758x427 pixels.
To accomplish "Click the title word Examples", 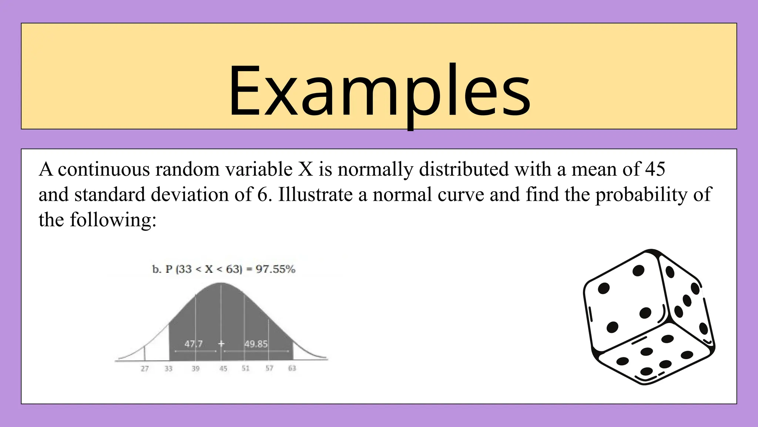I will (x=379, y=91).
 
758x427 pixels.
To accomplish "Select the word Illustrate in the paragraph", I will (x=315, y=195).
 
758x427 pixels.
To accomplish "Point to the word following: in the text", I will (x=113, y=220).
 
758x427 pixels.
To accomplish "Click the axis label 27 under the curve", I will (x=145, y=368).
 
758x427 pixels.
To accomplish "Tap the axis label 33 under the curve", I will (x=168, y=368).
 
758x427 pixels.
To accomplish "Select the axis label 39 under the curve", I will (x=195, y=368).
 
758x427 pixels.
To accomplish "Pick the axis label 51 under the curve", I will (x=245, y=368).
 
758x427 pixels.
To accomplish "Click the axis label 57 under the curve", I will (x=269, y=368).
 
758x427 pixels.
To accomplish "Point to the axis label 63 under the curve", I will (x=292, y=368).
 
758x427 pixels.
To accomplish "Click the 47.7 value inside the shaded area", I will (x=194, y=344).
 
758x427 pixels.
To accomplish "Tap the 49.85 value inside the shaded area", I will (x=256, y=344).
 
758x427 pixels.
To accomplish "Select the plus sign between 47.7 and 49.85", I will (x=221, y=344).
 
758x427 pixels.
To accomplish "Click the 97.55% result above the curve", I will (x=275, y=269).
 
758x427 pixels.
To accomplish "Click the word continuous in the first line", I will (x=104, y=169).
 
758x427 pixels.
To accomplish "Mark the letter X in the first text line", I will (x=305, y=169).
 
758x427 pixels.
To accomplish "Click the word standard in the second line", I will (x=110, y=195).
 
